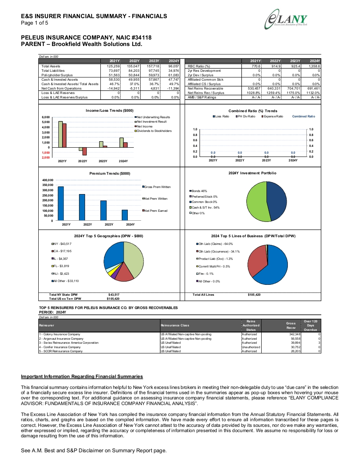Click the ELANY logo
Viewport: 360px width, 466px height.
pos(286,19)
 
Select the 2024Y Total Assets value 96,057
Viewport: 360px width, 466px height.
pos(174,66)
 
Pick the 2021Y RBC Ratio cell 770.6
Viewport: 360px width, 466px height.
pos(256,66)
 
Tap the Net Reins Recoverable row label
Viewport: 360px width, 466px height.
pos(205,89)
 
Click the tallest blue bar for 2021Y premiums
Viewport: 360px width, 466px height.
pos(60,204)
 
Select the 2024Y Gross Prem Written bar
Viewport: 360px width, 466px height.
pos(125,215)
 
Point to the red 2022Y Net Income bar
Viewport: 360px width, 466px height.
pos(85,151)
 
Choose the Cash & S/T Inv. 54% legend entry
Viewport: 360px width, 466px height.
pos(204,207)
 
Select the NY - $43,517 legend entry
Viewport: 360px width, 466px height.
pos(62,244)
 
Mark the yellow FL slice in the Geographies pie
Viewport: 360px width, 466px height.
pos(111,273)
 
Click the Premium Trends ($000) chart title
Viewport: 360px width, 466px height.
pos(110,173)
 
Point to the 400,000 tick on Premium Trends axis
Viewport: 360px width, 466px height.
pos(48,180)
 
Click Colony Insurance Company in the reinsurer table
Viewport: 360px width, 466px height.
pos(59,334)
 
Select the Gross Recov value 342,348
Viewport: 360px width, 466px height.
pos(295,334)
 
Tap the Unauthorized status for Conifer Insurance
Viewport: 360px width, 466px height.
pos(251,347)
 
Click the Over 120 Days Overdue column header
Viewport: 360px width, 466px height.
pos(310,326)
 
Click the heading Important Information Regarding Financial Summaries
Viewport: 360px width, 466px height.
pos(82,376)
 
